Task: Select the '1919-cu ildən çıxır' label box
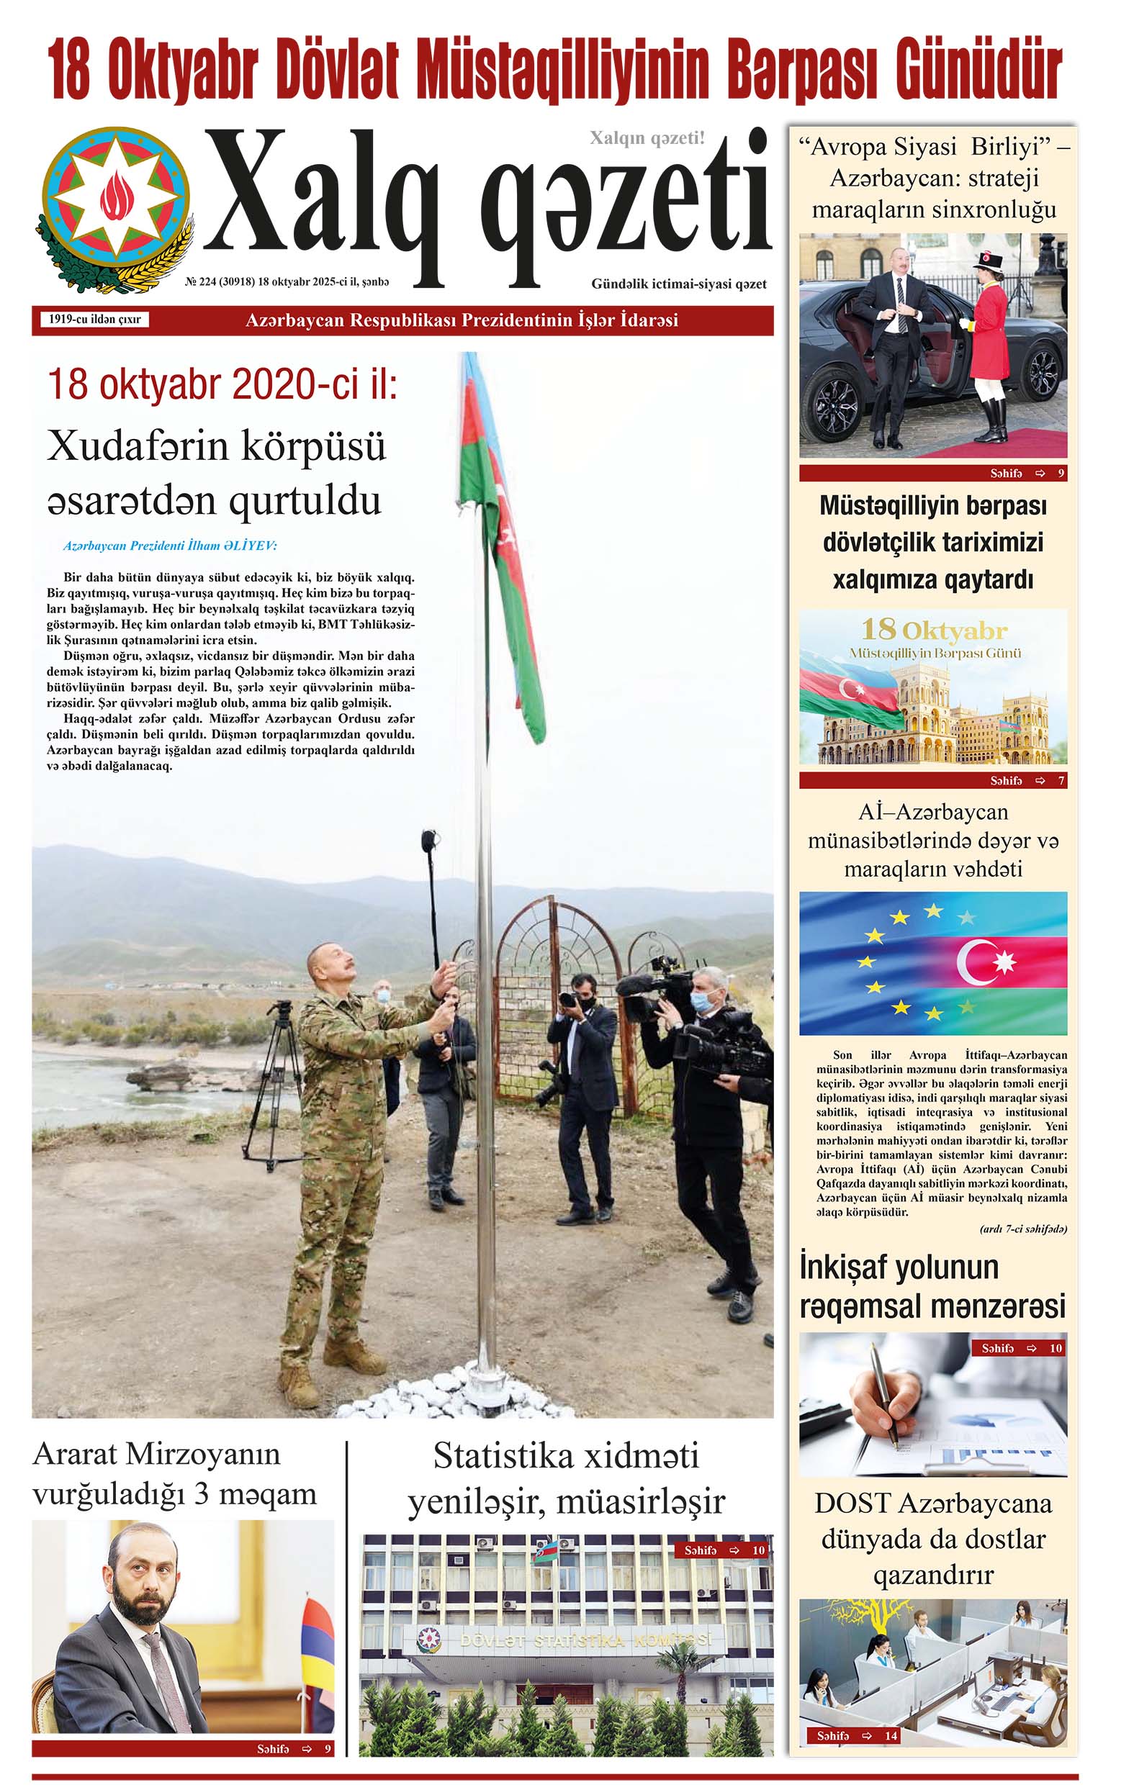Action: (x=94, y=320)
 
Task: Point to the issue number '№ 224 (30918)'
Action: (x=220, y=282)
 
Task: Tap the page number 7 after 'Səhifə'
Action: (x=1061, y=780)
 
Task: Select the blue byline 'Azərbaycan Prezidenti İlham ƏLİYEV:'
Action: (x=169, y=546)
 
